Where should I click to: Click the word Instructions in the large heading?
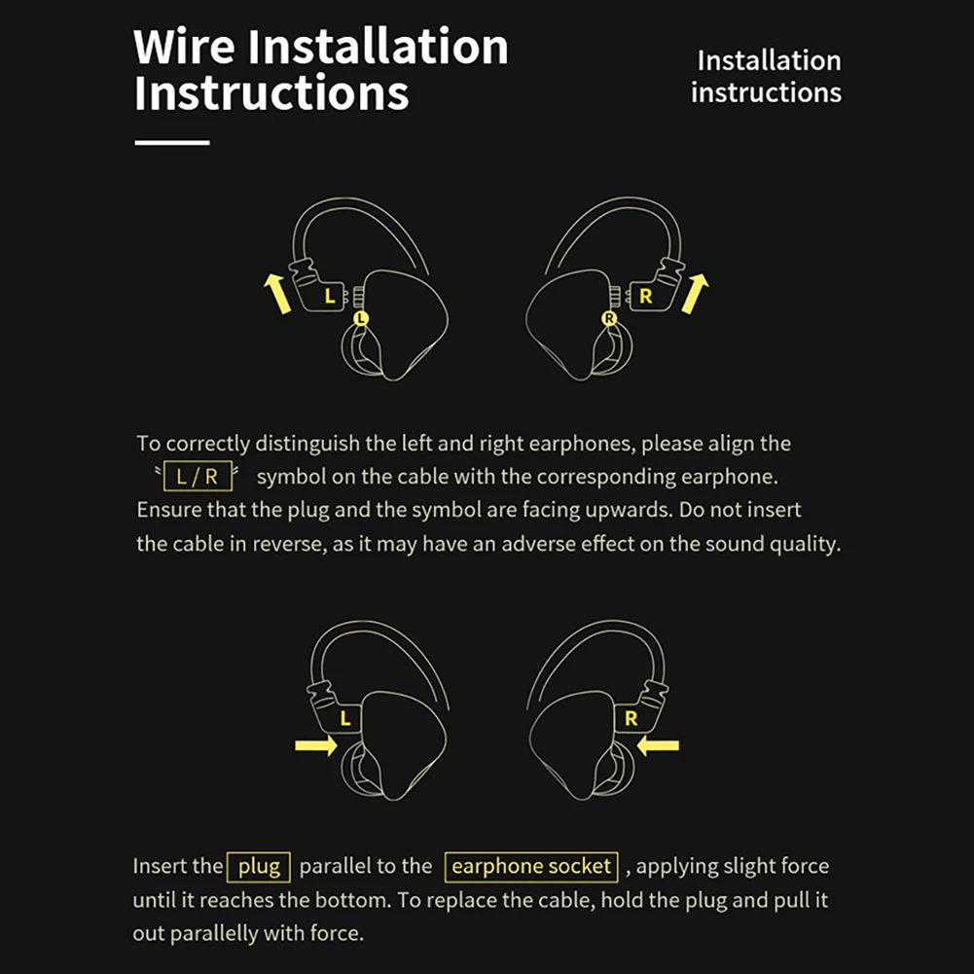271,93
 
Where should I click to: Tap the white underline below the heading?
172,143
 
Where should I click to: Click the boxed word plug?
258,866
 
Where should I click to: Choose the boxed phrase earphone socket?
531,866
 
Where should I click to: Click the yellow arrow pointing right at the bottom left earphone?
315,746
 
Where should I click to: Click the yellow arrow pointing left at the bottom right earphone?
660,746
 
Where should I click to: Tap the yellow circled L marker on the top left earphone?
362,317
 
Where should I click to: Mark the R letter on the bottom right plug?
631,719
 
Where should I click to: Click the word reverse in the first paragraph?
288,544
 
